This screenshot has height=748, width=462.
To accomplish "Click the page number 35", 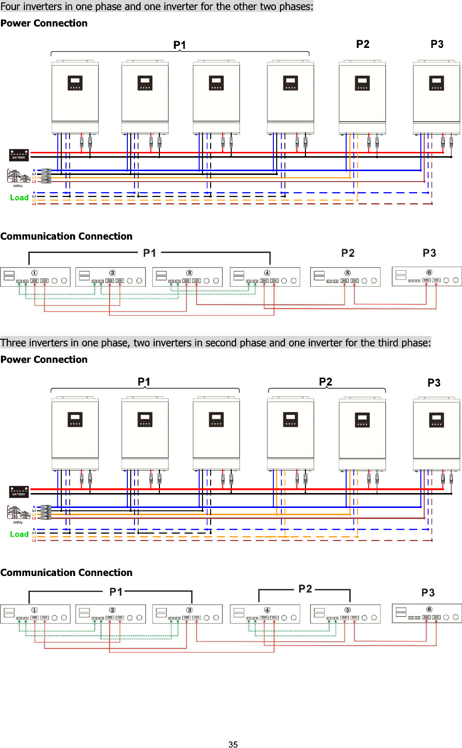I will click(233, 744).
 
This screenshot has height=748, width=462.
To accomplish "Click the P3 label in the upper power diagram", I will click(437, 45).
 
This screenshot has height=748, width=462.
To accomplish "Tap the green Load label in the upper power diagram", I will click(19, 197).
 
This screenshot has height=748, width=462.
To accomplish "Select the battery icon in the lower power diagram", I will click(19, 492).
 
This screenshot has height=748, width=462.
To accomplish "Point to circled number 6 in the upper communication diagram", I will click(429, 272).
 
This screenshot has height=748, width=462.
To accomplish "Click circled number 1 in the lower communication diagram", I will click(34, 610).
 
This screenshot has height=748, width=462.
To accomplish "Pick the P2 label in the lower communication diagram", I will click(305, 588).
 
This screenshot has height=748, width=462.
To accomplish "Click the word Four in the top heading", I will click(11, 7).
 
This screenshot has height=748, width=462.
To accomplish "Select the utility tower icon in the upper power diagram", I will click(18, 176).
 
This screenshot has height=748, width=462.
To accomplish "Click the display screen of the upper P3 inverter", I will click(436, 83).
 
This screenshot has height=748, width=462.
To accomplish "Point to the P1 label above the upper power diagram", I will click(180, 45).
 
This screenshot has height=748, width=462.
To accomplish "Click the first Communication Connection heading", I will click(66, 236).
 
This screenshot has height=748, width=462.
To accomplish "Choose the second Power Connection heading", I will click(44, 359).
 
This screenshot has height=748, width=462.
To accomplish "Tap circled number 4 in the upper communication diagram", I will click(267, 273).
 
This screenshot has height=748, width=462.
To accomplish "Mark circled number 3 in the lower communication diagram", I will click(190, 610).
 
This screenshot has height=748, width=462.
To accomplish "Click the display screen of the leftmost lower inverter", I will click(75, 419).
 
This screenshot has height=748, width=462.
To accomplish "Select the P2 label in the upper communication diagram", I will click(348, 253).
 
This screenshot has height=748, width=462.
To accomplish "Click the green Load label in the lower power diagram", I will click(19, 534).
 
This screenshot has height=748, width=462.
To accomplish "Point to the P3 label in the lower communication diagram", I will click(428, 593).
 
